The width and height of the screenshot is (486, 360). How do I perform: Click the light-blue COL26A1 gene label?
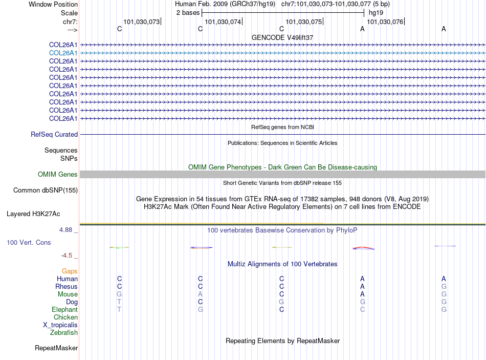point(63,53)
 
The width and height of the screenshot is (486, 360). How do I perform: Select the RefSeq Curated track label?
point(54,135)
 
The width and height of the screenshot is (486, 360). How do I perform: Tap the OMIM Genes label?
point(58,175)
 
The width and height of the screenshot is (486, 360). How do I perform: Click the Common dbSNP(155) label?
point(45,190)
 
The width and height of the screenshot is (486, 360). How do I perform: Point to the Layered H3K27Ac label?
point(33,214)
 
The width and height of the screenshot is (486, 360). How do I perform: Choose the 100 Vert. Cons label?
point(29,242)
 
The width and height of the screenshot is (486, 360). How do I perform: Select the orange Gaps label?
point(70,271)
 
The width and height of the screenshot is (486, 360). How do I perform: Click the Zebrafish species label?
point(64,333)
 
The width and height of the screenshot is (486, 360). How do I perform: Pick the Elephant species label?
point(64,310)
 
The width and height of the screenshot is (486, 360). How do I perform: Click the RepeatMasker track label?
point(56,348)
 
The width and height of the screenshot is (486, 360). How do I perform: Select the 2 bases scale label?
point(188,12)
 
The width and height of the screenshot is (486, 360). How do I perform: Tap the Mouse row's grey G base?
point(119,294)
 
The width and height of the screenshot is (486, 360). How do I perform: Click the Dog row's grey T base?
point(119,302)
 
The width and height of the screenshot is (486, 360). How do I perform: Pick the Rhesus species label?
point(67,287)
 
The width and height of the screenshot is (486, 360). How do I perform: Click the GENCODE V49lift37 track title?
point(282,38)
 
